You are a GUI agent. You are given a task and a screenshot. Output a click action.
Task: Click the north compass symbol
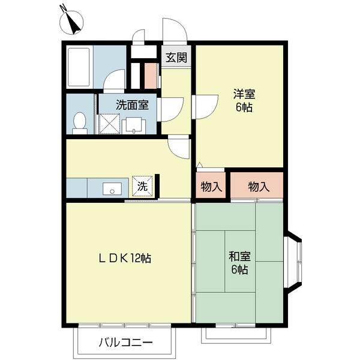(x=71, y=22)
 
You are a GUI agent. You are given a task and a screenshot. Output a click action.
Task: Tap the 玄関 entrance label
(x=176, y=57)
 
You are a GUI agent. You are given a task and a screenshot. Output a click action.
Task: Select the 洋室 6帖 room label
(x=244, y=101)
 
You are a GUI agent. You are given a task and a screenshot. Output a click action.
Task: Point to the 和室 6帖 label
(x=239, y=263)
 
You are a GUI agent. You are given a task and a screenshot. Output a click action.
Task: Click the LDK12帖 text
(x=125, y=259)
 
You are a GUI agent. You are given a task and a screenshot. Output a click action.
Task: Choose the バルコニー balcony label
(x=126, y=343)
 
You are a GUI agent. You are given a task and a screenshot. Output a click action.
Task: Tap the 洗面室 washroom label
(x=132, y=105)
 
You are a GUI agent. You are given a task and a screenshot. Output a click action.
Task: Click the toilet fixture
(x=80, y=123)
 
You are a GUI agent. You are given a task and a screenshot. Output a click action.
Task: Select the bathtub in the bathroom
(x=79, y=67)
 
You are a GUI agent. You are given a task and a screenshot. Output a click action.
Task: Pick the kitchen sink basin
(x=112, y=189)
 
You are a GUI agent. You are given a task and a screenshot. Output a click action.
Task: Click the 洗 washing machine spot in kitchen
(x=142, y=186)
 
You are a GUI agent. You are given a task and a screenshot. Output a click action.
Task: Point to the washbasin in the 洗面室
(x=134, y=125)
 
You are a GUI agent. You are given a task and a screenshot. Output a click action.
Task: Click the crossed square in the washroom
(x=109, y=124)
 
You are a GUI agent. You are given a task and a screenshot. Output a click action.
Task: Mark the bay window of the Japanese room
(x=294, y=262)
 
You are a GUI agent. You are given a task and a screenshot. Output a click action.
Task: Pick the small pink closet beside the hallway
(x=151, y=76)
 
